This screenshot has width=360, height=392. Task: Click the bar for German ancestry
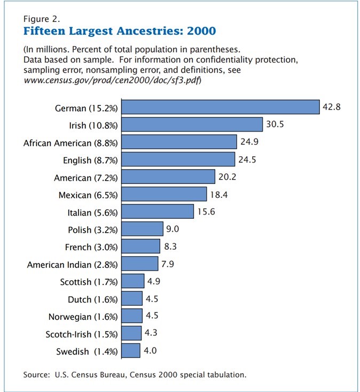221,107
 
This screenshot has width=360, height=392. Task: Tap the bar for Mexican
164,194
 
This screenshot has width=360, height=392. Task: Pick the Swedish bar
131,351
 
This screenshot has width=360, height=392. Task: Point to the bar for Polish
142,229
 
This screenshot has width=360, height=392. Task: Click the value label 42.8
332,107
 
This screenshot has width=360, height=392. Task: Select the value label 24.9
249,142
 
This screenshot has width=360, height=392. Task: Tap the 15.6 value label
206,211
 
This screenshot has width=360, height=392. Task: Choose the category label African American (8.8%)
71,143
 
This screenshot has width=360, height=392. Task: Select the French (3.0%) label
89,247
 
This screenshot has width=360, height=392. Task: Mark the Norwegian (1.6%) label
83,317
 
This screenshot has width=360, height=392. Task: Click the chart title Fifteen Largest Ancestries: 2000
120,30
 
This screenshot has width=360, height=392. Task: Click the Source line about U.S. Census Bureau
135,374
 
